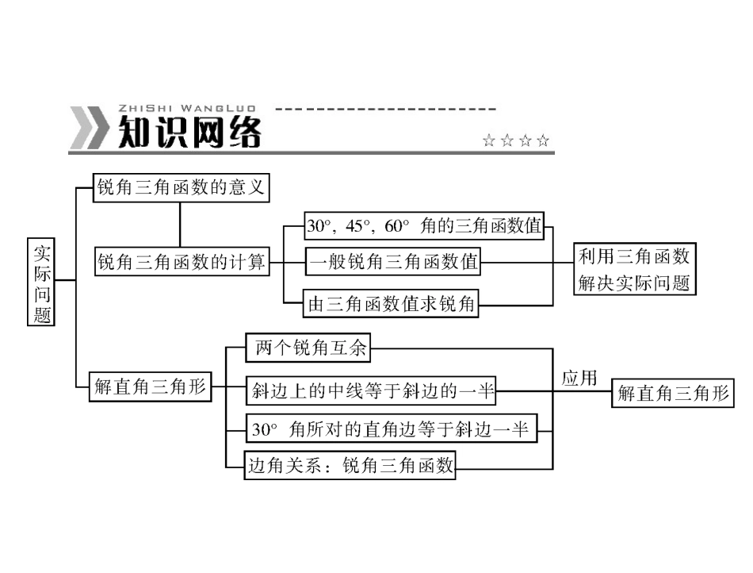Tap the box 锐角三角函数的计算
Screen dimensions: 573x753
tap(182, 262)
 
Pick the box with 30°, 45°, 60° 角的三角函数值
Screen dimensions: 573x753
tap(423, 226)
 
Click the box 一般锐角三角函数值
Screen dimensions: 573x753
tap(393, 261)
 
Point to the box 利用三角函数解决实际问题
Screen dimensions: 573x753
tap(634, 269)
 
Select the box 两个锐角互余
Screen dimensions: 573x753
tap(310, 348)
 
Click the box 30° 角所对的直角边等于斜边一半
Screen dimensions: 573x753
tap(390, 429)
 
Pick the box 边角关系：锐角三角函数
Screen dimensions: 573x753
tap(350, 465)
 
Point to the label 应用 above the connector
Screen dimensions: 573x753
tap(579, 378)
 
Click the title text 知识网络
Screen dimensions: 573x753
tap(189, 133)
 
